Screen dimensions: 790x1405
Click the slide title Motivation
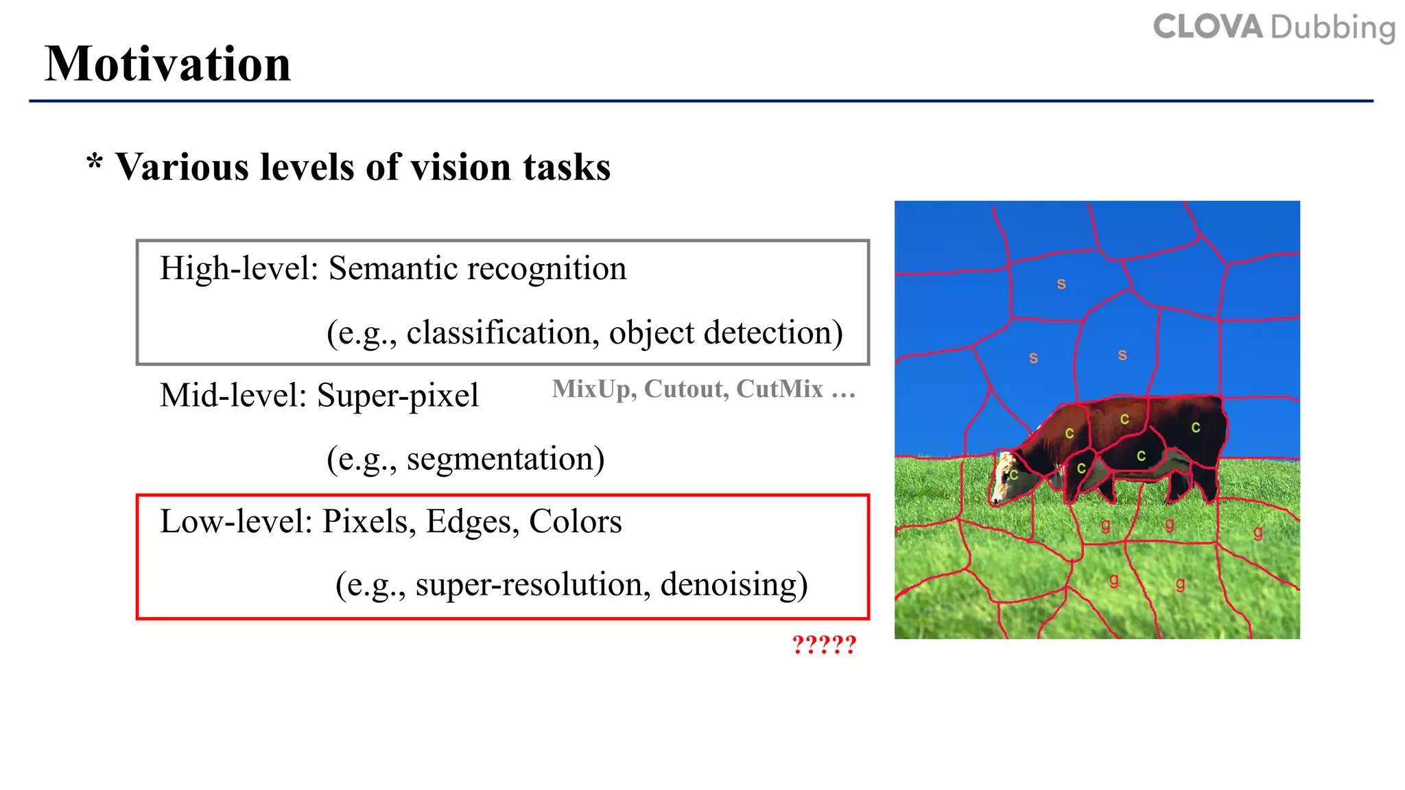(168, 64)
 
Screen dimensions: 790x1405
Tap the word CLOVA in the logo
(1208, 27)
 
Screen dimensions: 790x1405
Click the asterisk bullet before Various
(95, 164)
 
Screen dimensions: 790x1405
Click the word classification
(497, 333)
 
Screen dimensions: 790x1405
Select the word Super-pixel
(397, 396)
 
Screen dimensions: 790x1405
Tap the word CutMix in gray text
(779, 389)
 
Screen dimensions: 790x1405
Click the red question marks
(824, 645)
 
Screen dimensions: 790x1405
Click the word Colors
(575, 522)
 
